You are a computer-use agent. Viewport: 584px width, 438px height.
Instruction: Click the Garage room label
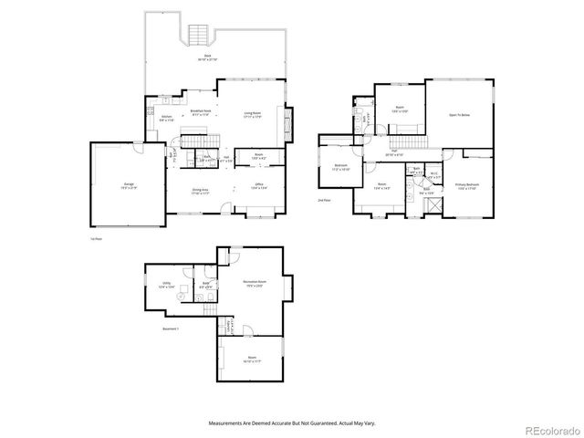(x=126, y=185)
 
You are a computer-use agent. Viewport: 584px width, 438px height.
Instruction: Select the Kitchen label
(x=166, y=117)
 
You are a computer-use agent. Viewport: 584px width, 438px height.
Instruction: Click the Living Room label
(x=253, y=114)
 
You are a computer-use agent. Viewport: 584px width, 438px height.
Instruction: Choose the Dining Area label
(x=201, y=192)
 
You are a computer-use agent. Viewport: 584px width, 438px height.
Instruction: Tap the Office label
(x=259, y=185)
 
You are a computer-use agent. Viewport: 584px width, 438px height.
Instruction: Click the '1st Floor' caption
(x=96, y=238)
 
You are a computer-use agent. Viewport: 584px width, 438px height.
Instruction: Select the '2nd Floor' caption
(x=324, y=199)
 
